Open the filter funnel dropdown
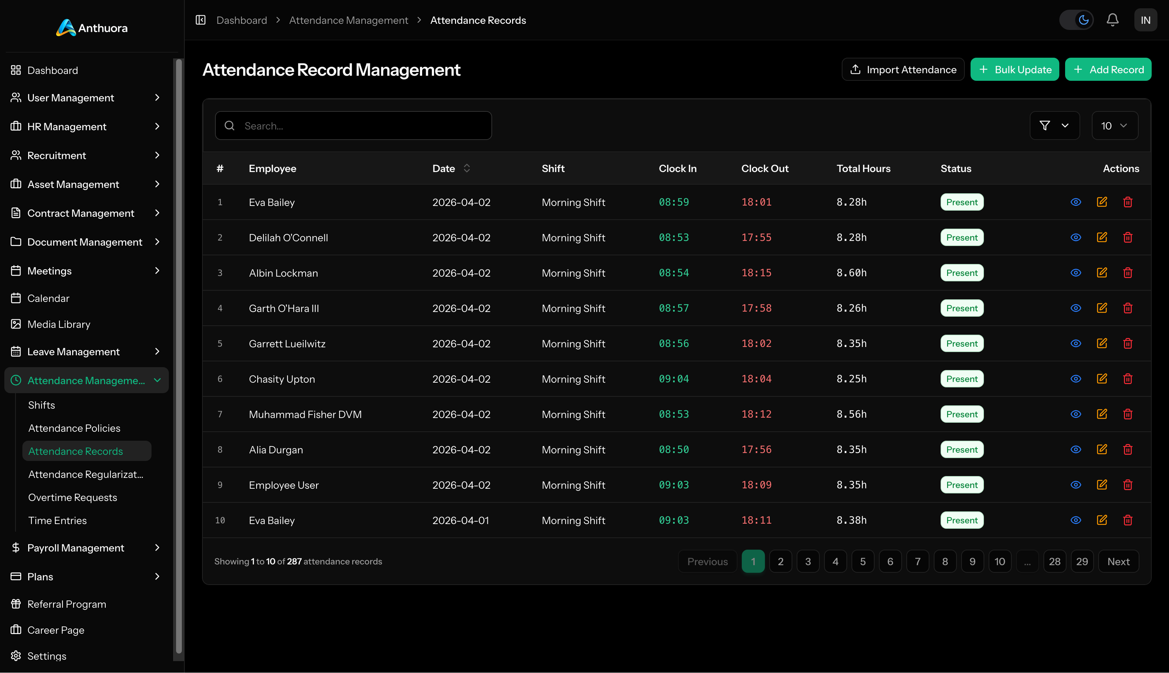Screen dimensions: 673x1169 (1054, 126)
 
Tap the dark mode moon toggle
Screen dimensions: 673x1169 (1083, 20)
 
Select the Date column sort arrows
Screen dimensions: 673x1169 (467, 168)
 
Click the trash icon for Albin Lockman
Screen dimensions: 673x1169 (1128, 273)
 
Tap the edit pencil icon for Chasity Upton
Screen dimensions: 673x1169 (1102, 379)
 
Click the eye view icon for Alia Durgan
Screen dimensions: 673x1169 (1076, 449)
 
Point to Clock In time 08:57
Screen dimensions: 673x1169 (673, 308)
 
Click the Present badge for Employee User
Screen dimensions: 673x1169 (962, 485)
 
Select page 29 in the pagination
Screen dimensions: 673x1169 (1082, 561)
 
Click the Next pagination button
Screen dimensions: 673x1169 (1118, 561)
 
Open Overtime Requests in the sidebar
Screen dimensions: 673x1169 (73, 497)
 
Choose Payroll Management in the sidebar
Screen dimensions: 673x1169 (76, 548)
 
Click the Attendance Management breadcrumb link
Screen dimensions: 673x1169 (348, 20)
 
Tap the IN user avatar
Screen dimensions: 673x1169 (1145, 20)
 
